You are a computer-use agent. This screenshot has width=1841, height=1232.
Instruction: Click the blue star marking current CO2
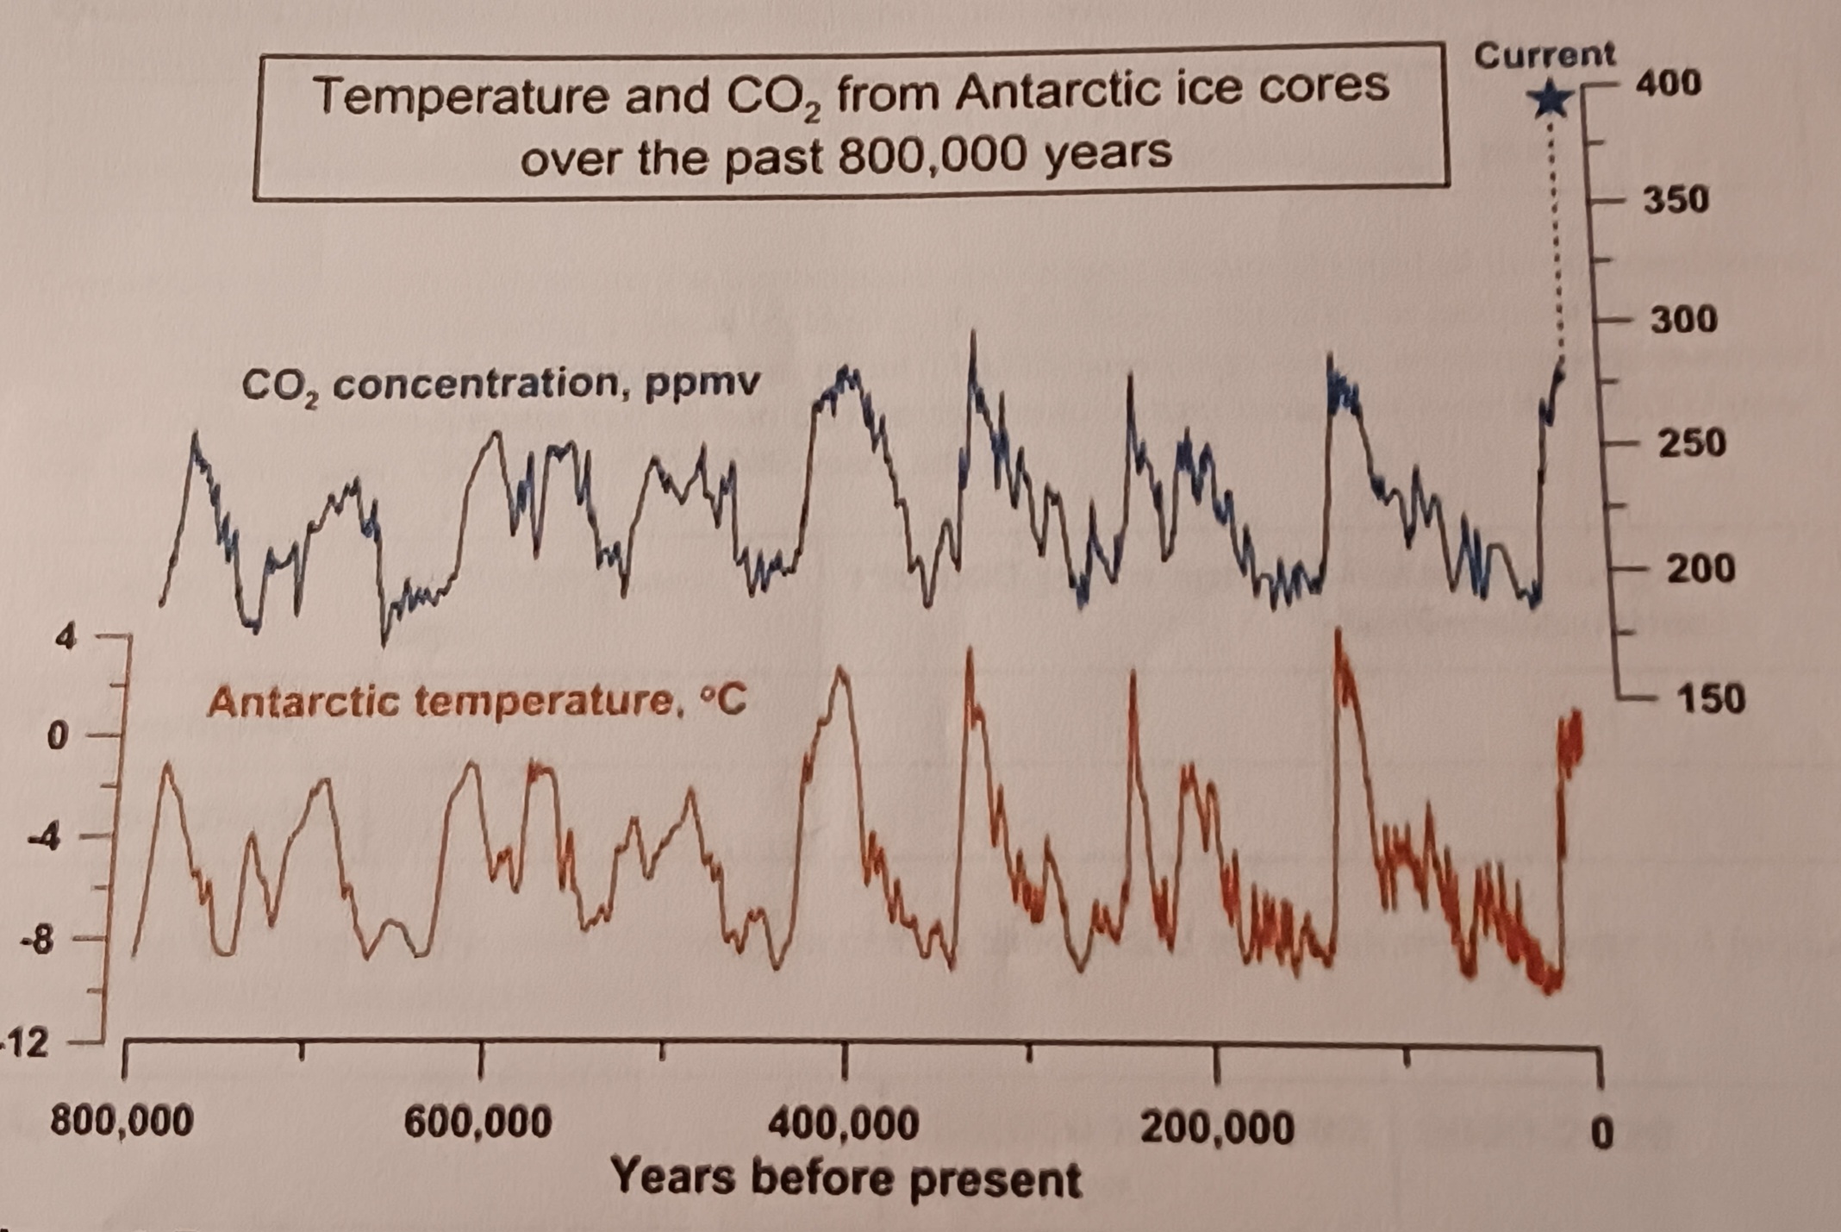pyautogui.click(x=1551, y=99)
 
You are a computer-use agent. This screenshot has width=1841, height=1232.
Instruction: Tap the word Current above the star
pyautogui.click(x=1544, y=55)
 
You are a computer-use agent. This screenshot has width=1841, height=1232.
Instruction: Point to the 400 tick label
pyautogui.click(x=1669, y=84)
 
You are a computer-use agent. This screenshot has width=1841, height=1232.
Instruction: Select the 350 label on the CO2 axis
pyautogui.click(x=1675, y=200)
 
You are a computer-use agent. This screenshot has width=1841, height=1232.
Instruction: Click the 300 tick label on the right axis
pyautogui.click(x=1683, y=321)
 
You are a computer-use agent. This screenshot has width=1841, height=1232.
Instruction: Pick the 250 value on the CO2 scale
pyautogui.click(x=1692, y=444)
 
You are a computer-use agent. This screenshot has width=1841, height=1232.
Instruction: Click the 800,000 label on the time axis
pyautogui.click(x=122, y=1123)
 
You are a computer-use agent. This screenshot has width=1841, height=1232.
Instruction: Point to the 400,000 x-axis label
pyautogui.click(x=843, y=1126)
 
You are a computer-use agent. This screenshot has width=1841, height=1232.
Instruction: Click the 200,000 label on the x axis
pyautogui.click(x=1216, y=1129)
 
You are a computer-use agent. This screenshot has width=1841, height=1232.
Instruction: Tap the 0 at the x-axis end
pyautogui.click(x=1601, y=1132)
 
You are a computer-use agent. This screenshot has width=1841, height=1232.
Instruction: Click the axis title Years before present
pyautogui.click(x=845, y=1179)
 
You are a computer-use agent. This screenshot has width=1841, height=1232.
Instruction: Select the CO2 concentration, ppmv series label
pyautogui.click(x=500, y=385)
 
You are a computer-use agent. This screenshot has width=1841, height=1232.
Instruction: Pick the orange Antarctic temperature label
pyautogui.click(x=476, y=702)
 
